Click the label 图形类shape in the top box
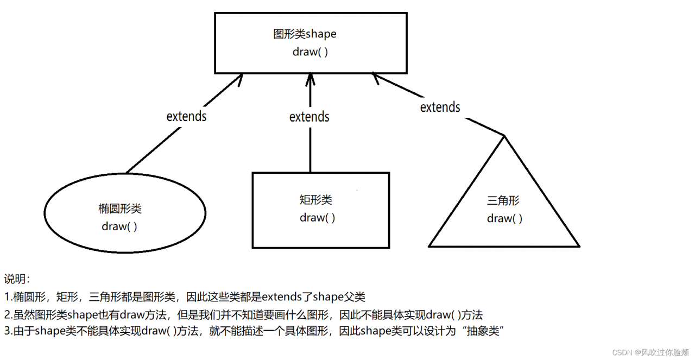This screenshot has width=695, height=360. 305,34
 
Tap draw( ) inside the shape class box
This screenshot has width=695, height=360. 310,52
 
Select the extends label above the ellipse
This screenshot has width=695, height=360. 186,116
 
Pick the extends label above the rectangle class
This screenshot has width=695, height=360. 309,116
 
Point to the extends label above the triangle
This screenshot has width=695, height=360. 440,107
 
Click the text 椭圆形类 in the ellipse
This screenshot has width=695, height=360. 120,209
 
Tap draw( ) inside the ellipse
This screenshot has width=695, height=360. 119,226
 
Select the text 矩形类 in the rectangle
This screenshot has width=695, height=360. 316,200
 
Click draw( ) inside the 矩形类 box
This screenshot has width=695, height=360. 317,218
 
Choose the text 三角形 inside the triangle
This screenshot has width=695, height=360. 503,200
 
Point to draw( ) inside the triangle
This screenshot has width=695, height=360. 504,218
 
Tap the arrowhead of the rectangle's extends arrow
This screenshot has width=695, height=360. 310,78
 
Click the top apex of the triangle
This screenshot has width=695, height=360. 504,135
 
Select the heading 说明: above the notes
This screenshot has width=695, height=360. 17,279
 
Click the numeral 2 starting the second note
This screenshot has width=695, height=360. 7,314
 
